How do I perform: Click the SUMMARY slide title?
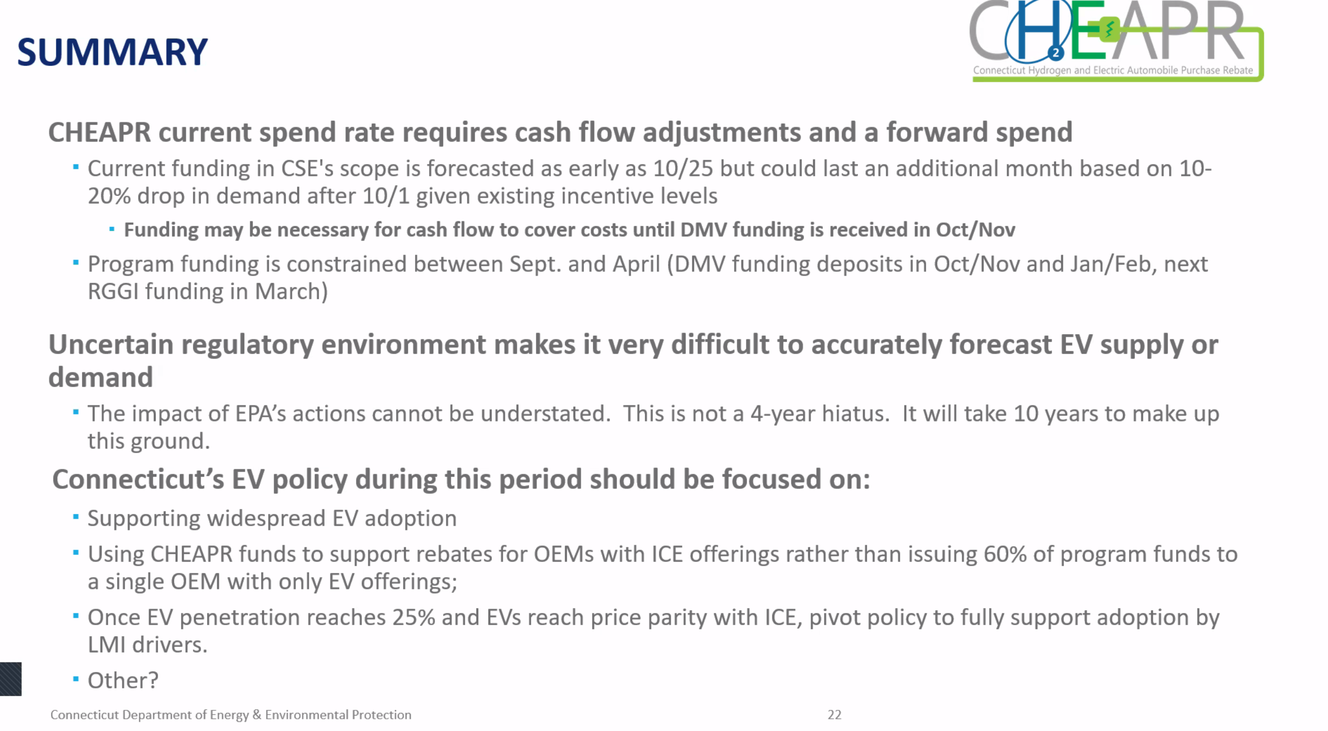point(112,52)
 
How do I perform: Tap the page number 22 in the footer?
point(834,715)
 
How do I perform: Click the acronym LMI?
point(106,645)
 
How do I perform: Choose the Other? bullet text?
point(123,680)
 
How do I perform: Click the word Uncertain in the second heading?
point(111,345)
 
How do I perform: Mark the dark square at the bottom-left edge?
point(11,679)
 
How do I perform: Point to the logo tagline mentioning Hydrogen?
point(1112,70)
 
